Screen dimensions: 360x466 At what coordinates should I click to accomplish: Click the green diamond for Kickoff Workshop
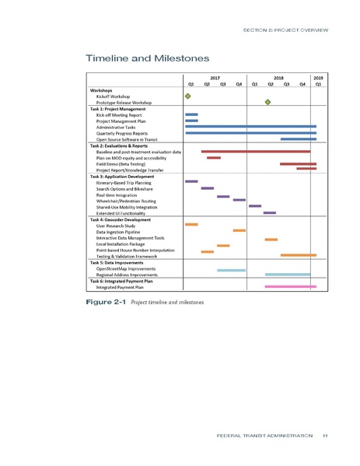pyautogui.click(x=187, y=96)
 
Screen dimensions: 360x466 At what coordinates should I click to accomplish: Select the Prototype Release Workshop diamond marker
pyautogui.click(x=267, y=102)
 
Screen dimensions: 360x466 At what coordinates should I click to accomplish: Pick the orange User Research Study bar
pyautogui.click(x=191, y=224)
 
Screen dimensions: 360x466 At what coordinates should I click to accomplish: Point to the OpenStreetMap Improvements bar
pyautogui.click(x=231, y=269)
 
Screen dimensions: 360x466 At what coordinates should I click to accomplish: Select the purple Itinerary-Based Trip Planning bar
pyautogui.click(x=191, y=181)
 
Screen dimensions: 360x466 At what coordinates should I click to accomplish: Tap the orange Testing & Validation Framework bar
pyautogui.click(x=298, y=255)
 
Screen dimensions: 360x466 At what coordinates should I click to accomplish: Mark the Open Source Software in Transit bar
pyautogui.click(x=298, y=138)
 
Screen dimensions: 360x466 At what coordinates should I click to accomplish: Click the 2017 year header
pyautogui.click(x=215, y=78)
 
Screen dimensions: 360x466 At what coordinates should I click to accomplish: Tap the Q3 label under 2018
pyautogui.click(x=286, y=84)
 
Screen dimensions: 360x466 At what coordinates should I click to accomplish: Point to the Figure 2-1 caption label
pyautogui.click(x=107, y=301)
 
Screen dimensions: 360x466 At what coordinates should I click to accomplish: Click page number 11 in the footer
pyautogui.click(x=324, y=435)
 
